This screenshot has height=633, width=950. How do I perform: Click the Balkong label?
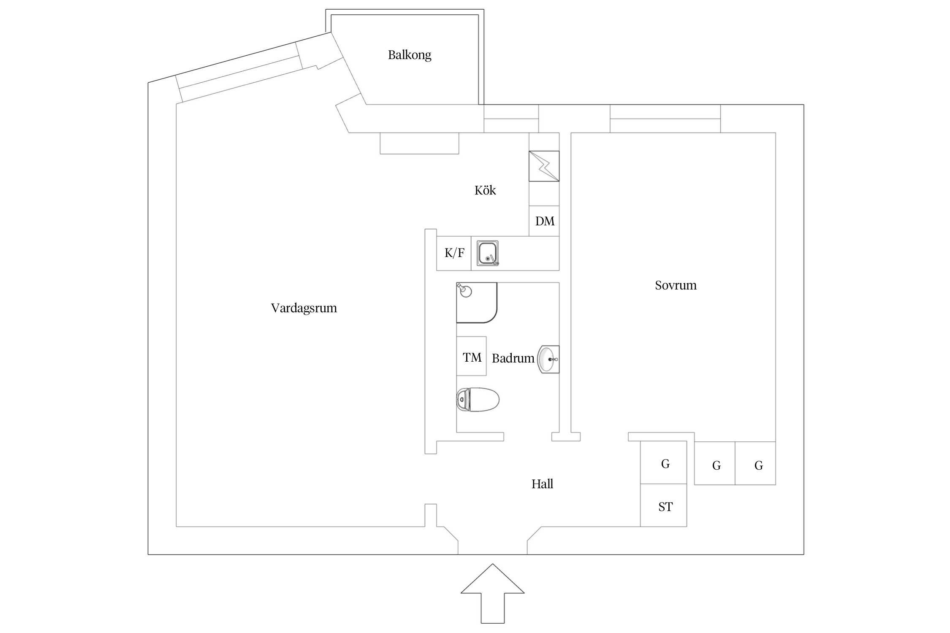click(409, 55)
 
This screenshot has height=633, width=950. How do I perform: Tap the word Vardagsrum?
click(304, 308)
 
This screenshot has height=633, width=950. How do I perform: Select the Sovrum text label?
click(675, 285)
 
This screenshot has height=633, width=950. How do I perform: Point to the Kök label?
click(485, 190)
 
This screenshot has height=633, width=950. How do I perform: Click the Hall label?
click(542, 484)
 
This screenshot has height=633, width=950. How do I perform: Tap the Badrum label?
click(513, 358)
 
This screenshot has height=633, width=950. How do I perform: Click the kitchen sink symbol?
click(488, 253)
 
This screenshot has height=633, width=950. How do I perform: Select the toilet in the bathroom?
click(478, 399)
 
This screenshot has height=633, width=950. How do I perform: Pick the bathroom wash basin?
click(548, 359)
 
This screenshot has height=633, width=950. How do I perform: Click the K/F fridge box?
click(454, 253)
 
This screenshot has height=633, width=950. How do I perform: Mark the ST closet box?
click(665, 506)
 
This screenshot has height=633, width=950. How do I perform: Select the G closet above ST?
click(665, 463)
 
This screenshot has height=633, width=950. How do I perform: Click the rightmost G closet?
click(758, 465)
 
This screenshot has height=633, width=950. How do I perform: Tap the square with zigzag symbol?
click(544, 166)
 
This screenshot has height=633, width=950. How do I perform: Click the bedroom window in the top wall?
click(665, 119)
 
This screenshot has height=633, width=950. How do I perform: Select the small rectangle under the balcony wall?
click(419, 143)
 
